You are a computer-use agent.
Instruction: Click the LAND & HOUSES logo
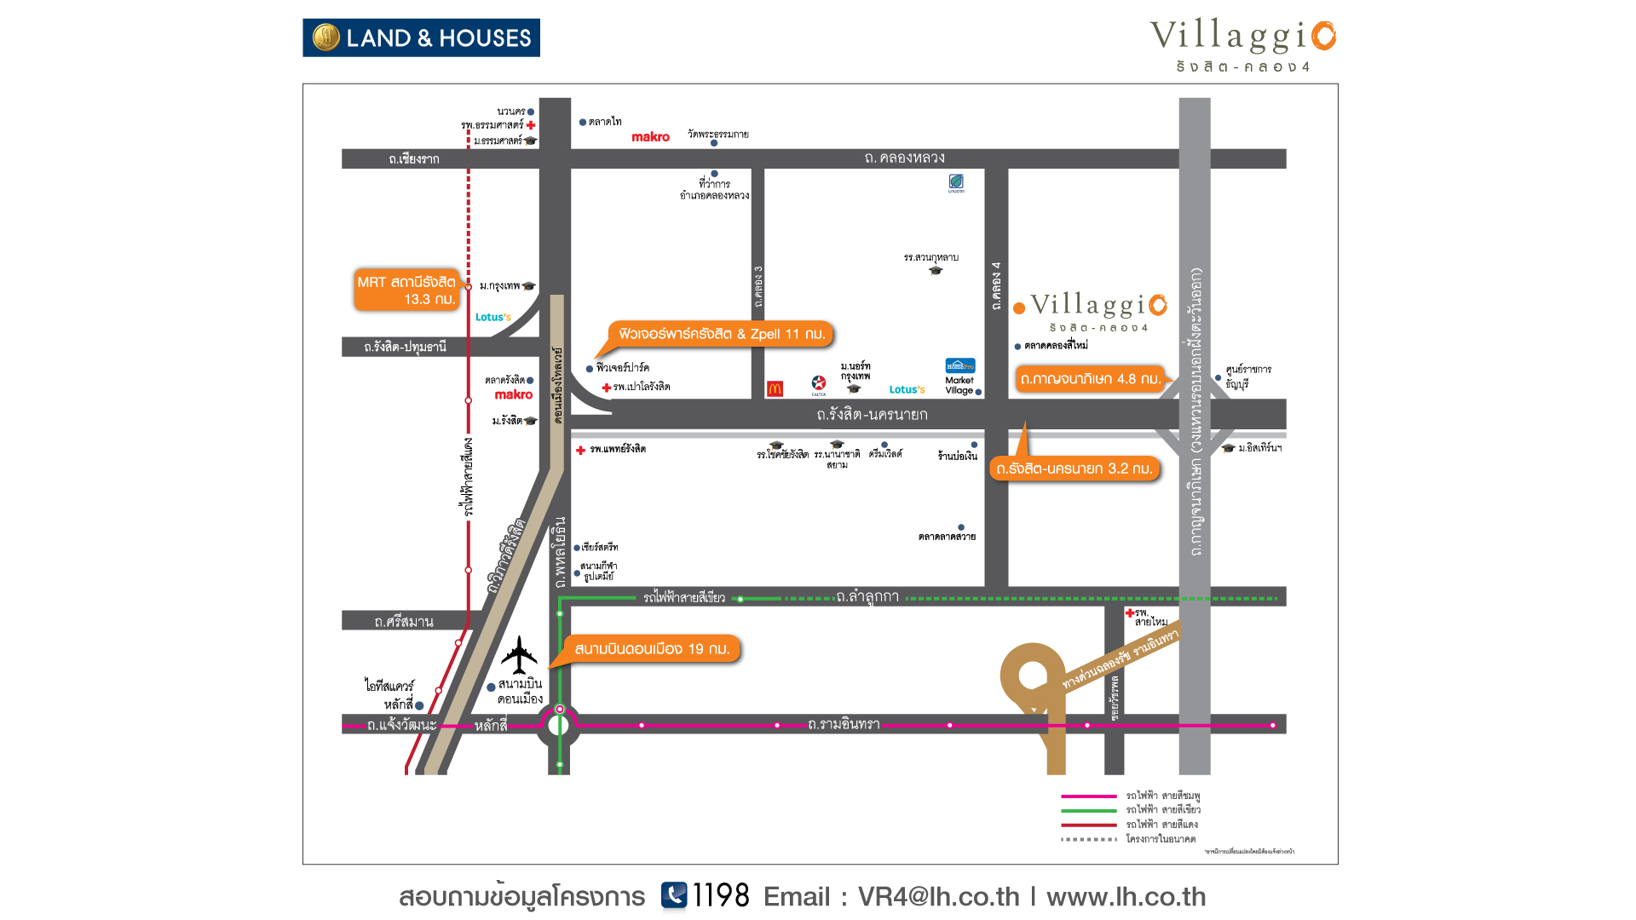tap(421, 38)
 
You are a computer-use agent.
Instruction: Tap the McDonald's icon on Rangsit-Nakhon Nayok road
tap(775, 388)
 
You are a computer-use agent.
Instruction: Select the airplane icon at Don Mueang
tap(519, 655)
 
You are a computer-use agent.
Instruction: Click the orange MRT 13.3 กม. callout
tap(406, 290)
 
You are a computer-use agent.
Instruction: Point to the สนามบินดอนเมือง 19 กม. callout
tap(652, 649)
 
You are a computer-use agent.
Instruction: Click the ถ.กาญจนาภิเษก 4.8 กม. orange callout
tap(1090, 379)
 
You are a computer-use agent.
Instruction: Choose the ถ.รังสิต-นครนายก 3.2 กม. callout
tap(1074, 469)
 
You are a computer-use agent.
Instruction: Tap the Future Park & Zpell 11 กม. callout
tap(721, 334)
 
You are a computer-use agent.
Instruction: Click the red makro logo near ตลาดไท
tap(650, 137)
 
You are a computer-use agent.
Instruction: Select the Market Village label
tap(959, 386)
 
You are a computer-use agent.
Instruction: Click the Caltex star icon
tap(819, 383)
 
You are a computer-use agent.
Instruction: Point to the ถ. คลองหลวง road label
tap(904, 158)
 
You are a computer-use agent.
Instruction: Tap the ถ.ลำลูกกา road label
tap(867, 597)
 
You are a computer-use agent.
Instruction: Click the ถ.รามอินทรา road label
tap(844, 725)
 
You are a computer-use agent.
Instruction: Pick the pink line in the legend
tap(1088, 796)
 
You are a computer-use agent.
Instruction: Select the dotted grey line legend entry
tap(1088, 839)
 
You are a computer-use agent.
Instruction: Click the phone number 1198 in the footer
tap(720, 896)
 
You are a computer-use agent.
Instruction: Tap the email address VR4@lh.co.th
tap(938, 897)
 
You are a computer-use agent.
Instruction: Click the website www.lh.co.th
tap(1126, 897)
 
